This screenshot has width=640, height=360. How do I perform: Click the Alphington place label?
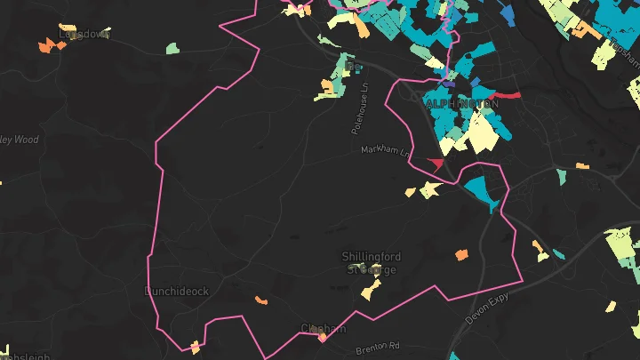click(x=462, y=104)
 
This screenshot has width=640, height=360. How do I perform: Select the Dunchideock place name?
click(x=177, y=291)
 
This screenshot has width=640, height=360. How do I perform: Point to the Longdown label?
click(x=84, y=34)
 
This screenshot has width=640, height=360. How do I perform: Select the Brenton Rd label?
click(x=379, y=345)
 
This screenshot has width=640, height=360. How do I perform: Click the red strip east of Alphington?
click(x=505, y=94)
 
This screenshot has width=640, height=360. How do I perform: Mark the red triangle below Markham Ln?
click(x=436, y=164)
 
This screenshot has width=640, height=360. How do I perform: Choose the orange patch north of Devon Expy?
click(x=461, y=255)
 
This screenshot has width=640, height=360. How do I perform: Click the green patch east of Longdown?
click(x=172, y=47)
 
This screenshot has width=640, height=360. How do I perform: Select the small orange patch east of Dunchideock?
click(x=261, y=300)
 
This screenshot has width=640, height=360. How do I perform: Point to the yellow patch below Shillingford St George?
click(x=370, y=290)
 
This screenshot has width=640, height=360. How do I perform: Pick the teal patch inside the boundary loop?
click(x=480, y=188)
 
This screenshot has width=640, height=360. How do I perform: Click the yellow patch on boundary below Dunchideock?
click(x=196, y=346)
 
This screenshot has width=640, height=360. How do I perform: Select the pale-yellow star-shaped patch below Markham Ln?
click(x=429, y=189)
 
